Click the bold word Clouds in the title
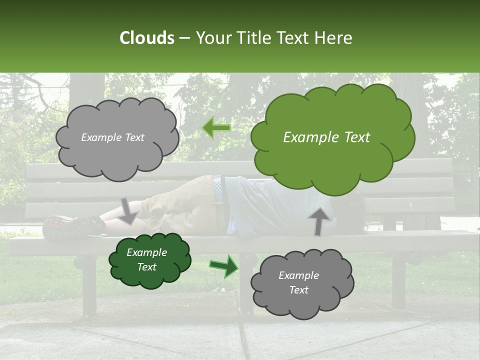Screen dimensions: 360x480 (146, 38)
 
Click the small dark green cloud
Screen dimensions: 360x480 (150, 260)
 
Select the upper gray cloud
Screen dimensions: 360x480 (117, 137)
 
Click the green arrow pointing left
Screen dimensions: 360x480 (216, 128)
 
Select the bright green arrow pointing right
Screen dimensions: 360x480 (223, 266)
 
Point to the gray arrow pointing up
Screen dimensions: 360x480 (319, 220)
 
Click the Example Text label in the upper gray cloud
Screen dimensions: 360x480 (112, 137)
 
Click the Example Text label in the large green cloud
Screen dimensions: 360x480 (326, 137)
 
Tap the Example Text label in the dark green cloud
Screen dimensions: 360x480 (147, 259)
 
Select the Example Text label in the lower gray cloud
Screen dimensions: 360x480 (298, 282)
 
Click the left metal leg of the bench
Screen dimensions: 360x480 (88, 285)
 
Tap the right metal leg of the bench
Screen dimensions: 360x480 (398, 280)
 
